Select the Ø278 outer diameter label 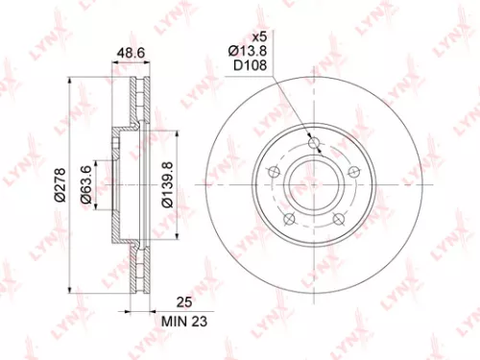(59, 184)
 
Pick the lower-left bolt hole (290, 220)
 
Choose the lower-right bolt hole (339, 220)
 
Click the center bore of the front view (315, 185)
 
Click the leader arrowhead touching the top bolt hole (309, 138)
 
